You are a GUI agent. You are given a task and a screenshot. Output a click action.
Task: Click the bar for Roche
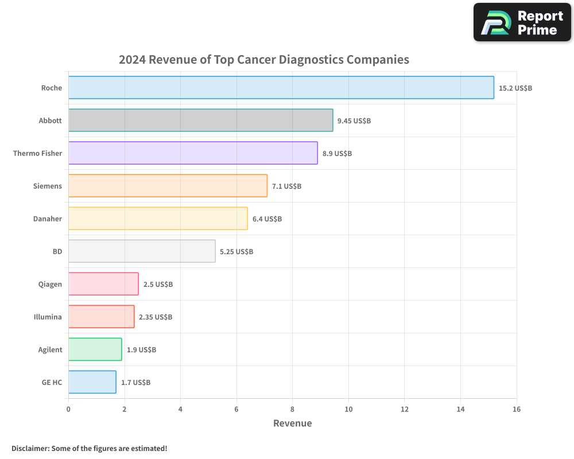coord(281,88)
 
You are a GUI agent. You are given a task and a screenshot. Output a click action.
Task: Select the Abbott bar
coord(200,120)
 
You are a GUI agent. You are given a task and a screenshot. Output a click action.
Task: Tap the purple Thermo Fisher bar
coord(193,153)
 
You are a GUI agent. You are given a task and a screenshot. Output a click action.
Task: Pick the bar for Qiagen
coord(103,284)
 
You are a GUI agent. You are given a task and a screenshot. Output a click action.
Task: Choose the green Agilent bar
coord(95,349)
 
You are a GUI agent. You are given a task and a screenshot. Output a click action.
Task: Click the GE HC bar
coord(92,382)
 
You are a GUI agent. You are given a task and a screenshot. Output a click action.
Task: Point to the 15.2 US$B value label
coord(515,88)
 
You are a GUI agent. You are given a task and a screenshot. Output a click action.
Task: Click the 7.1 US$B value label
coord(286,186)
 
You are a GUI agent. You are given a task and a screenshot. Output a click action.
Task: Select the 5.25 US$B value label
coord(236,252)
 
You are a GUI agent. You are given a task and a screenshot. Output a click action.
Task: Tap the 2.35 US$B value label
coord(156,317)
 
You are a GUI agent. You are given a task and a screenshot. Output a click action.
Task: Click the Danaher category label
coord(48,219)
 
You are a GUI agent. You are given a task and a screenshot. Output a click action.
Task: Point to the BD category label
coord(57,252)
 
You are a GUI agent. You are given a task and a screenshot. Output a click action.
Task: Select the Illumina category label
coord(48,317)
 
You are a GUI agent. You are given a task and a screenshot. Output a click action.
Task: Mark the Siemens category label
coord(48,186)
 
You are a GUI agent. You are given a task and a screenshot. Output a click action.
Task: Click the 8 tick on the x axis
coord(292,409)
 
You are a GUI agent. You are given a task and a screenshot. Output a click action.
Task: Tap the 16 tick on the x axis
coord(516,409)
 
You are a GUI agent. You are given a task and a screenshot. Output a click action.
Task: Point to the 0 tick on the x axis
coord(68,409)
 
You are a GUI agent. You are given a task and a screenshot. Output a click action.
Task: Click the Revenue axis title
coord(292,423)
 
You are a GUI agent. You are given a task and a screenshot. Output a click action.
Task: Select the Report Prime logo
coord(522,22)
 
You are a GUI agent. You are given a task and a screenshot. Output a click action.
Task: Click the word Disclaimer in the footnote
coord(30,448)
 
